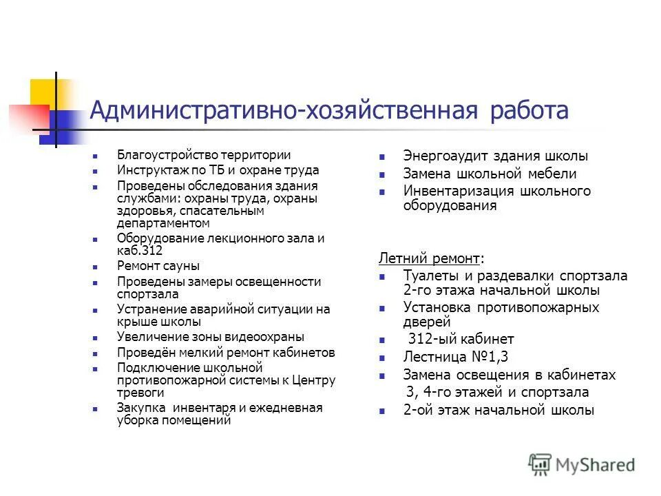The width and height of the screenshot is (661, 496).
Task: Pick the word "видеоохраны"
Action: [x=266, y=337]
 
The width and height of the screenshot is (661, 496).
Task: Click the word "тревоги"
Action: [x=140, y=393]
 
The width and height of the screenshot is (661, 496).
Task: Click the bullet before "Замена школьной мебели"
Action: [x=384, y=175]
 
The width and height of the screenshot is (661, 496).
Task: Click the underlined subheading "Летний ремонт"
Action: [x=429, y=258]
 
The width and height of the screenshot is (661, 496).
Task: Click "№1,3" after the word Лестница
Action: [x=485, y=356]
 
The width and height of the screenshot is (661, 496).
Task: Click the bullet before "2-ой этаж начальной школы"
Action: [x=384, y=411]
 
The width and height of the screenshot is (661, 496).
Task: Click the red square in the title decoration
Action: [x=28, y=117]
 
